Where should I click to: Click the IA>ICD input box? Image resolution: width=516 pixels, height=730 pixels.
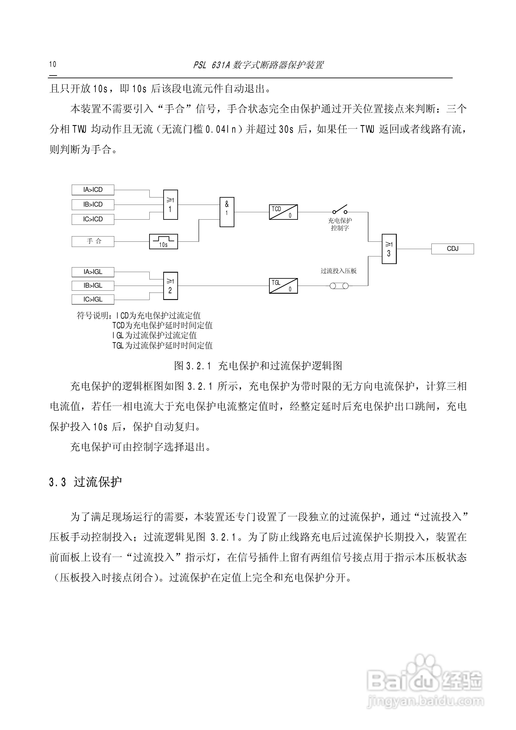pyautogui.click(x=93, y=190)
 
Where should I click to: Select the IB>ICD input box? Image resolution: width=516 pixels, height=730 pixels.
pyautogui.click(x=93, y=204)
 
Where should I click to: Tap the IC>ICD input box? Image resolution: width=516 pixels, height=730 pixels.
pyautogui.click(x=93, y=219)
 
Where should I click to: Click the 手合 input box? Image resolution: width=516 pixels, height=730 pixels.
pyautogui.click(x=93, y=241)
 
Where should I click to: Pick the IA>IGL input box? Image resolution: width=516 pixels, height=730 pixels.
pyautogui.click(x=93, y=272)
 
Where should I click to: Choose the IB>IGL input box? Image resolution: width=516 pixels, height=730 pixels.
pyautogui.click(x=93, y=285)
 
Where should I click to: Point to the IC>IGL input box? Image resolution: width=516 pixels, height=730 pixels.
pyautogui.click(x=93, y=299)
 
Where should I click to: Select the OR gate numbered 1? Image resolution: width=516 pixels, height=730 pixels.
pyautogui.click(x=170, y=205)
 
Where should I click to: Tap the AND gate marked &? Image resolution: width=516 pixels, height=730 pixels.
pyautogui.click(x=227, y=212)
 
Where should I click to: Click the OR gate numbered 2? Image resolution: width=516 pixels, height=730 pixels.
pyautogui.click(x=170, y=286)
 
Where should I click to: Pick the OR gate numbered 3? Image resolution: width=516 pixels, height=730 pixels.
pyautogui.click(x=389, y=249)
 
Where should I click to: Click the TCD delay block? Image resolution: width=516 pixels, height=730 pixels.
pyautogui.click(x=283, y=212)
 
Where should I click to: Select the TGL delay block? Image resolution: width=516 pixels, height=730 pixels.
pyautogui.click(x=283, y=286)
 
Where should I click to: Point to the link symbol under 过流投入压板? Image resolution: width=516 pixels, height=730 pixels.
pyautogui.click(x=339, y=286)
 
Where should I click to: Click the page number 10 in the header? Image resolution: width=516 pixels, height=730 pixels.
pyautogui.click(x=52, y=64)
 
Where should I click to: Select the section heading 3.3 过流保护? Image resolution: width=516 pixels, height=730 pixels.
pyautogui.click(x=85, y=482)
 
